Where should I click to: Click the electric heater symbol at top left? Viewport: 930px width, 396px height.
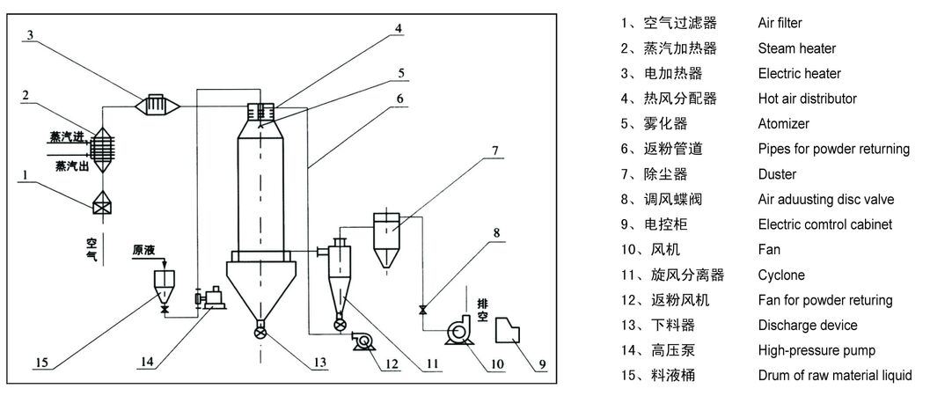(159, 105)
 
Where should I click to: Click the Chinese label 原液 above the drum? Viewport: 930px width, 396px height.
(143, 250)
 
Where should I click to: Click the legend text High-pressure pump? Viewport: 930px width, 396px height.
(816, 351)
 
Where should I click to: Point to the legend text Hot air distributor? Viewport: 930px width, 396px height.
(807, 99)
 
